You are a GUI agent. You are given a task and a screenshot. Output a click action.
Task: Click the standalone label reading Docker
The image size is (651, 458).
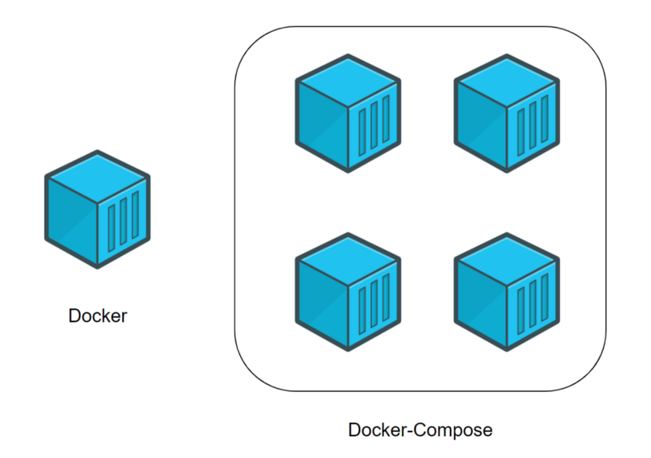click(98, 316)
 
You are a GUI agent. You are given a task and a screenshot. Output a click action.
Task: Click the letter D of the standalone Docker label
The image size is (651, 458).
click(75, 316)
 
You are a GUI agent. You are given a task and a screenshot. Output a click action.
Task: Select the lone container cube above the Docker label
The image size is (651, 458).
click(98, 209)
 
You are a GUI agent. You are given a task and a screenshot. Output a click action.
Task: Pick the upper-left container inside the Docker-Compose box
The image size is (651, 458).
click(347, 113)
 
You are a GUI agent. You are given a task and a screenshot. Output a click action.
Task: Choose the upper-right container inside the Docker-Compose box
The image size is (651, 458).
click(506, 113)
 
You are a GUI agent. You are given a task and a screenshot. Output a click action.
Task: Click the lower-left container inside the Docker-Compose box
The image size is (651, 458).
click(347, 291)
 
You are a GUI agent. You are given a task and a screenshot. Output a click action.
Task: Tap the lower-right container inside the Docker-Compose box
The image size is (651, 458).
click(506, 291)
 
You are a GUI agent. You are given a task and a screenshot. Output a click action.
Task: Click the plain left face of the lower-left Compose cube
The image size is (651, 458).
click(321, 302)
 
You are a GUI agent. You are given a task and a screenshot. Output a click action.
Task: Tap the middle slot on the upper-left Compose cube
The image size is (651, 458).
click(374, 126)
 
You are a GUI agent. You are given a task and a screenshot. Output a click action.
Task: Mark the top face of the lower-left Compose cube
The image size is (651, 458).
click(347, 261)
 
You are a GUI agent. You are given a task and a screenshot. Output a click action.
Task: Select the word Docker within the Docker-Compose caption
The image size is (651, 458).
click(375, 429)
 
